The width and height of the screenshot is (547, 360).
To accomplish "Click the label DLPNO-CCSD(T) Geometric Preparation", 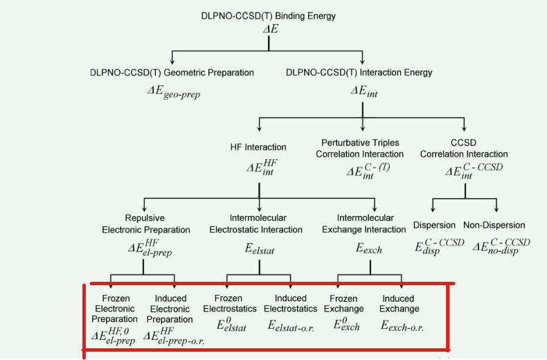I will (x=172, y=73).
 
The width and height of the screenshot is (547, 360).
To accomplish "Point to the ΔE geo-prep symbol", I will (x=173, y=92).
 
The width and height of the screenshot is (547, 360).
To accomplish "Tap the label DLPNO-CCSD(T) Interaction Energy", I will (x=359, y=73).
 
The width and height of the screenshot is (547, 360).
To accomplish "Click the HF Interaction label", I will (x=258, y=147).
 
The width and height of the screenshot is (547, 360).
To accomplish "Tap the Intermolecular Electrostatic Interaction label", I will (x=255, y=224).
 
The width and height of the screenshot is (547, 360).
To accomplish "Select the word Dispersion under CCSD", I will (x=434, y=225).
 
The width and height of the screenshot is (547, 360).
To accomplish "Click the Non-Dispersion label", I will (x=494, y=225).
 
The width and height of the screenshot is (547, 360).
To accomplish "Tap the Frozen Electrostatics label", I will (x=231, y=303).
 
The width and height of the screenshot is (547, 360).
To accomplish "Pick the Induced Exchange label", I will (x=400, y=303).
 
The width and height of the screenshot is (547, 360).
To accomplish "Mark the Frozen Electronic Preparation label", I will (x=114, y=309).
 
